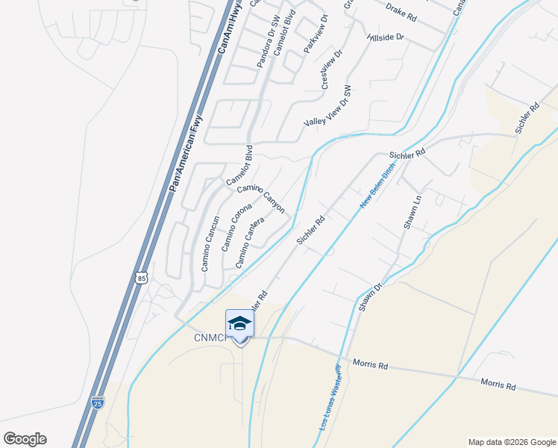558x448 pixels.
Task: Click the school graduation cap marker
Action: (x=239, y=323)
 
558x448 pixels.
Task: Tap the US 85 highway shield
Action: (x=142, y=278)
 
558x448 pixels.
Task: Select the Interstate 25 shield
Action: (x=98, y=402)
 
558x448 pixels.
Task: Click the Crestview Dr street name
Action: (x=331, y=70)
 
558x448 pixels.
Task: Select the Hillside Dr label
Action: (x=385, y=37)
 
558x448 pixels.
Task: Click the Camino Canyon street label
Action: (x=261, y=196)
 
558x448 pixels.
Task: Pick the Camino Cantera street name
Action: (x=251, y=243)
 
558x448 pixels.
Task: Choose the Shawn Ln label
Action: (x=413, y=212)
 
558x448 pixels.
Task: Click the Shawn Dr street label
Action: (x=370, y=296)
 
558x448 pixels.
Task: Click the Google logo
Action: (x=24, y=439)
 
